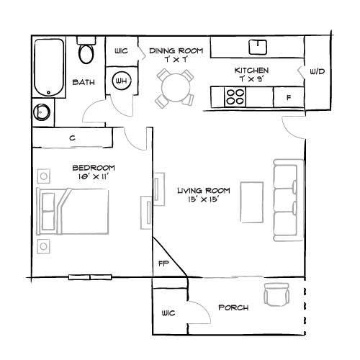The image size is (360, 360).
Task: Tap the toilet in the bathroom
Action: pos(88,53)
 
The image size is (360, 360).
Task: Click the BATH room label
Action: pos(84,83)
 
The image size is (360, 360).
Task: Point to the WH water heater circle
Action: pos(121,80)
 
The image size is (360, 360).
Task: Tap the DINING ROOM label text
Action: pos(176,50)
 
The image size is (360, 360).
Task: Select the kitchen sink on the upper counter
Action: pos(258,47)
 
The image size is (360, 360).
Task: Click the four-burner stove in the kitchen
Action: pos(235,96)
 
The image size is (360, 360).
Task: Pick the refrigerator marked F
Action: pos(288,96)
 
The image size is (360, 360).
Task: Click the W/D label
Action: pos(317,73)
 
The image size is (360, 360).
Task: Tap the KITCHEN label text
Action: pos(251,71)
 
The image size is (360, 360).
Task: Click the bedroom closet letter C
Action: pos(73,138)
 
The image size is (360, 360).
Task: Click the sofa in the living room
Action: pos(286,199)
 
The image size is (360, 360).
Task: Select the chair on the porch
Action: pos(276,295)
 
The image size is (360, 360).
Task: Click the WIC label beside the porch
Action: pos(168,314)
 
